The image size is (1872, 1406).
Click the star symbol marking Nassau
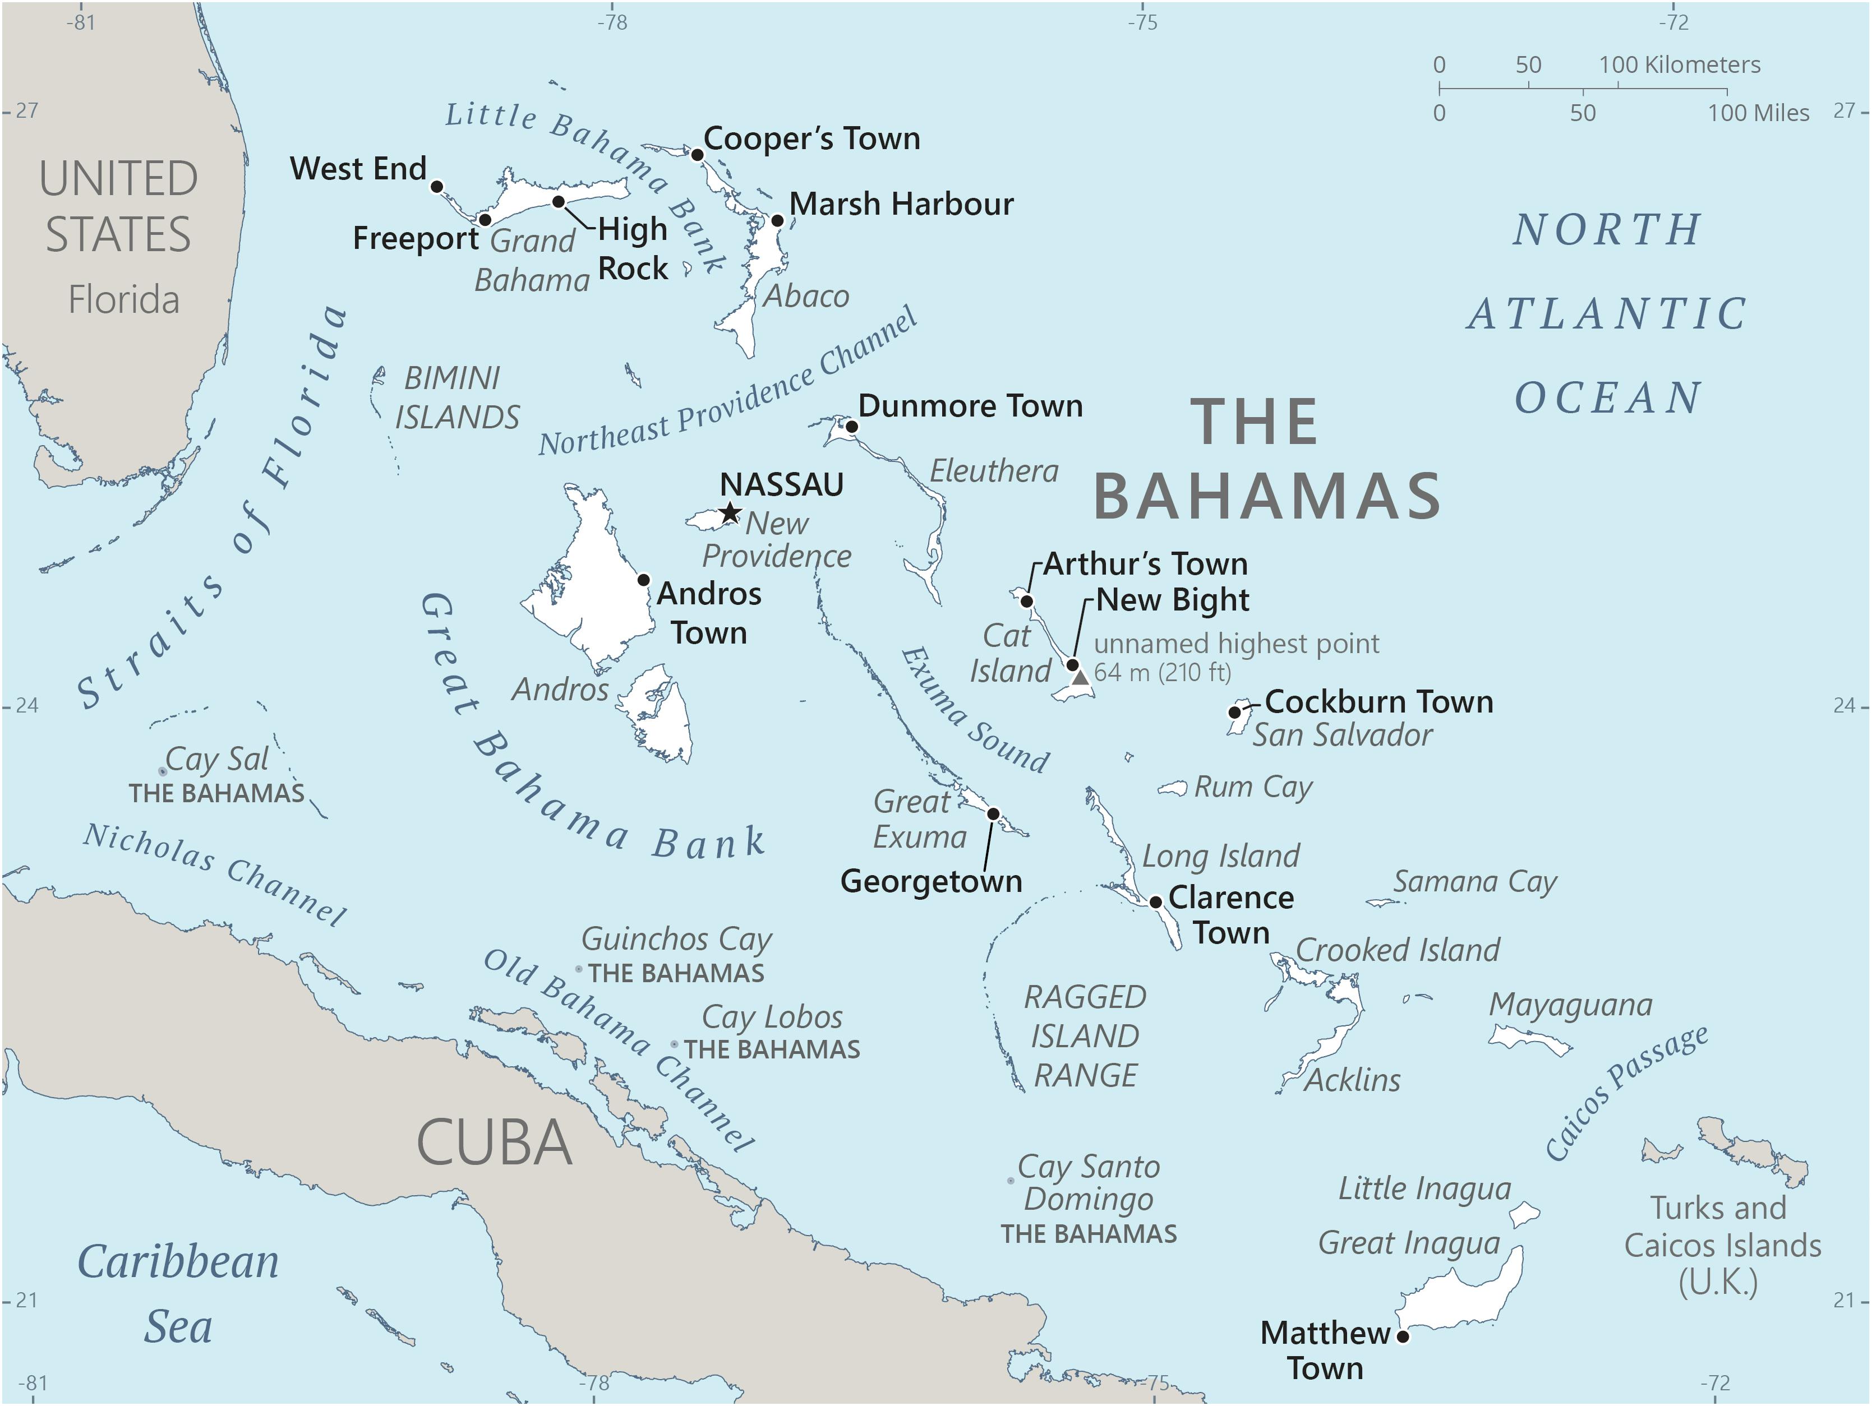coord(730,512)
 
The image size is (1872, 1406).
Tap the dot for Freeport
coord(485,220)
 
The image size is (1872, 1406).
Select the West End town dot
coord(437,186)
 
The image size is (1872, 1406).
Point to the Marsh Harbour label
coord(901,204)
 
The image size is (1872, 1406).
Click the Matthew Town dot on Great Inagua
coord(1402,1336)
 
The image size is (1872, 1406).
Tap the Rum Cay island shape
coord(1173,788)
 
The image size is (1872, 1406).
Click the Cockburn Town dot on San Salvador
coord(1234,713)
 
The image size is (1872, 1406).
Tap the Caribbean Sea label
coord(178,1294)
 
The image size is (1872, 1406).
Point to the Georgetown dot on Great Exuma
coord(994,814)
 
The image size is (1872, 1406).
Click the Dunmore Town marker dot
coord(852,427)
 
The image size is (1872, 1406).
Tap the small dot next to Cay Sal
coord(163,771)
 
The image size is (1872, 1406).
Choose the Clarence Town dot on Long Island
coord(1155,902)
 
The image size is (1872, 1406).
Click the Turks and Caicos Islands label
coord(1722,1245)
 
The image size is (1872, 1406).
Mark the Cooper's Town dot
coord(697,155)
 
